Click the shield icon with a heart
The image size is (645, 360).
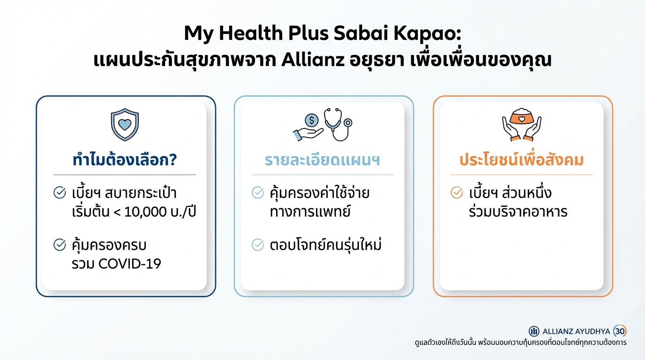125,125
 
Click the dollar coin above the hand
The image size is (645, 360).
311,120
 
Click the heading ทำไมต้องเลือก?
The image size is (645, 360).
124,160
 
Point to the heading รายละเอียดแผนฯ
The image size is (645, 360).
322,160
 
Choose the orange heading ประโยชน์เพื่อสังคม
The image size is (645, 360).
521,160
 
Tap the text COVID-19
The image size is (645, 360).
130,263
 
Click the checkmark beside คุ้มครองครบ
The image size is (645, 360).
60,244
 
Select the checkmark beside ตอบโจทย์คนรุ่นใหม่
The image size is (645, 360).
258,244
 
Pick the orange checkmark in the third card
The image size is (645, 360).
457,193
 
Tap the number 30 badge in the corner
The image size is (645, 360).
620,331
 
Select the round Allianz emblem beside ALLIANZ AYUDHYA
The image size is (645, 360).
534,331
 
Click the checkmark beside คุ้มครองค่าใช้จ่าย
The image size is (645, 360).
258,193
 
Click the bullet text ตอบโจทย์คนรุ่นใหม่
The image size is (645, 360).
326,245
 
